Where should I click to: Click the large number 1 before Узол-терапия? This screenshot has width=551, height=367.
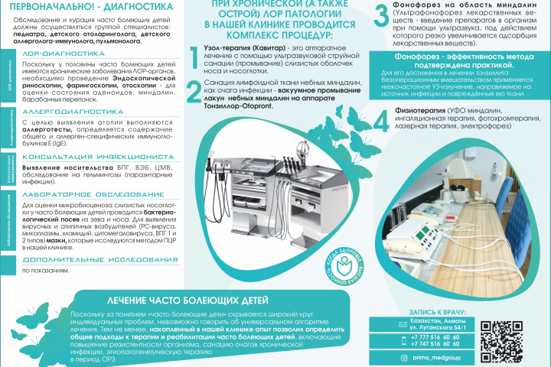[x=194, y=56]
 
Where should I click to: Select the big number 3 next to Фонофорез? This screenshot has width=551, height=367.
[x=380, y=16]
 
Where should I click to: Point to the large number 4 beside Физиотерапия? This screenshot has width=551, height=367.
[x=380, y=121]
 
